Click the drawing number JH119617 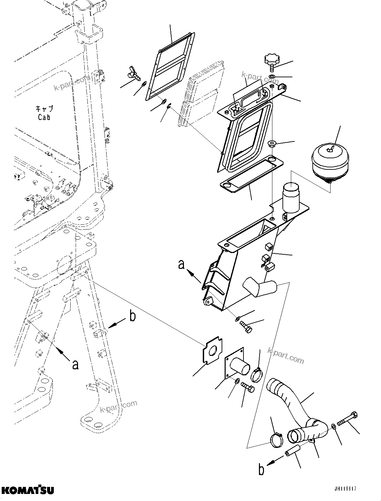[x=345, y=489]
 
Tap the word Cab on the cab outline [x=44, y=117]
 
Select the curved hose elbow [x=296, y=410]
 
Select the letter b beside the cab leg [x=133, y=316]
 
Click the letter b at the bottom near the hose [x=261, y=469]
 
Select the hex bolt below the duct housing [x=246, y=327]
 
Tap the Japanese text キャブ [x=44, y=109]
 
